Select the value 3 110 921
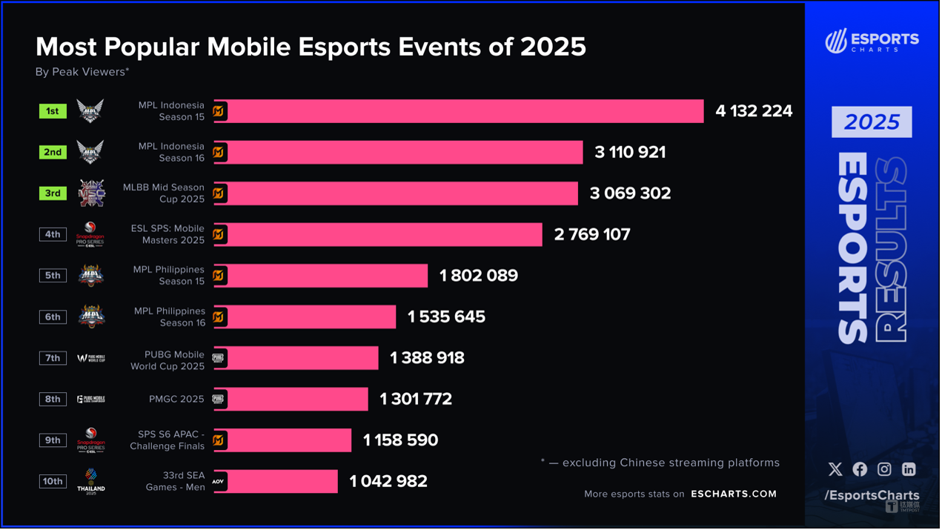(x=630, y=152)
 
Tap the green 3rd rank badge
(x=53, y=193)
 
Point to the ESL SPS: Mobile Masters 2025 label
(x=167, y=234)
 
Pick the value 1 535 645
(x=446, y=317)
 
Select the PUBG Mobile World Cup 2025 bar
(x=296, y=358)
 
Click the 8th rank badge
(x=53, y=399)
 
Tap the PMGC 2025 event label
(x=176, y=399)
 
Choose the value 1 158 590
(x=400, y=440)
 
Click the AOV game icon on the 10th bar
(x=219, y=481)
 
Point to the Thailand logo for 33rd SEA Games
(x=91, y=480)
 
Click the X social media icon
(x=835, y=469)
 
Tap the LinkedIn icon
(x=909, y=469)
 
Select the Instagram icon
(x=884, y=469)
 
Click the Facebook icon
(x=860, y=469)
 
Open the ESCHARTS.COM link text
(x=734, y=494)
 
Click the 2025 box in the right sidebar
(x=872, y=122)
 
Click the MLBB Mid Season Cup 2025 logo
(x=91, y=193)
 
